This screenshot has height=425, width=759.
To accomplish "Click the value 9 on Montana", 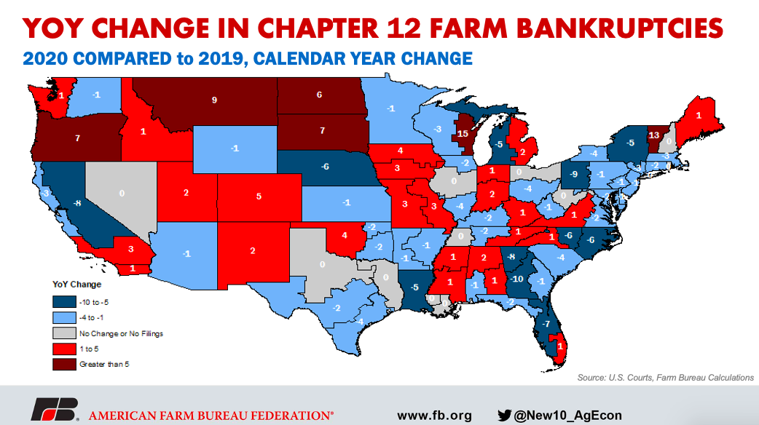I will tap(214, 100).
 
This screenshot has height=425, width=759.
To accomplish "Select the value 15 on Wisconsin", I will tap(463, 133).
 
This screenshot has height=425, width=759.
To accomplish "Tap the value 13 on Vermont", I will tap(654, 135).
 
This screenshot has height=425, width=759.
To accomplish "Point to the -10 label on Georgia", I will tap(517, 279).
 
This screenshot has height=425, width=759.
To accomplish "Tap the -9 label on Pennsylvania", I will tap(575, 174).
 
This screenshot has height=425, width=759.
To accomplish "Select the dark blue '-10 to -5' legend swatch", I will tap(61, 301).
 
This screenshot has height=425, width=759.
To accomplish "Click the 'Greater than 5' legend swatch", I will tap(61, 363).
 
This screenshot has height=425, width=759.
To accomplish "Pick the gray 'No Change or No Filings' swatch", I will tap(61, 333).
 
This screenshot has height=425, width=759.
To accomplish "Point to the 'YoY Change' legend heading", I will tap(76, 284).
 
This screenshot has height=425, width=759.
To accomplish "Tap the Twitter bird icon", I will tap(504, 416).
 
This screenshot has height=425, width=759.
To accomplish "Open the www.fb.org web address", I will tap(434, 416).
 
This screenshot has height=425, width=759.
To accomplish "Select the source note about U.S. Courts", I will tap(664, 378).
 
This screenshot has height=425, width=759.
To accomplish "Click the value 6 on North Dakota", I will tap(319, 95).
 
